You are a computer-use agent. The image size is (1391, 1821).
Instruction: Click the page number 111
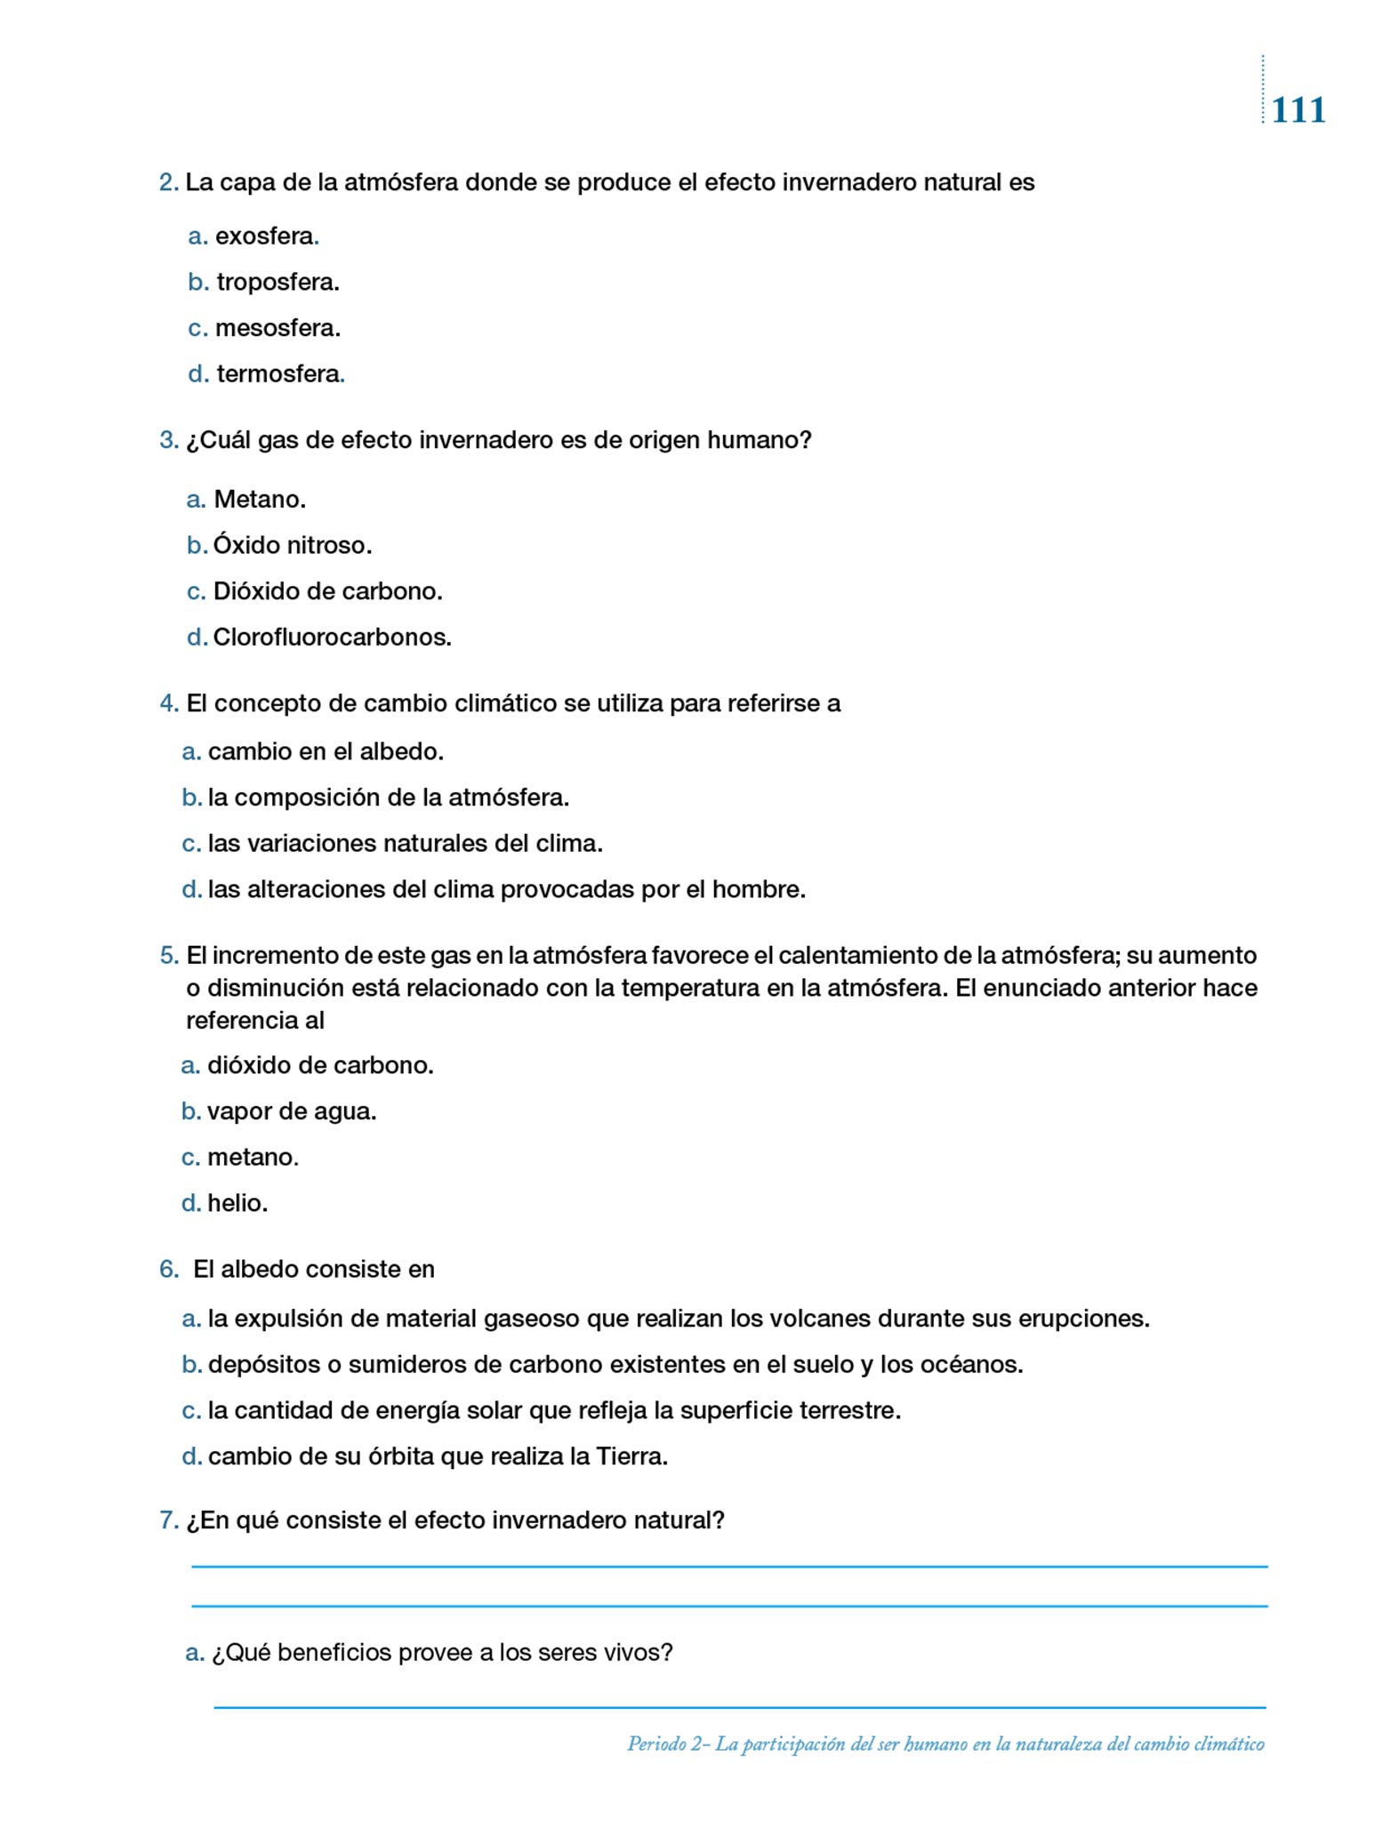(x=1298, y=110)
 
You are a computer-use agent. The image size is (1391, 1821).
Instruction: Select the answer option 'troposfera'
(x=277, y=283)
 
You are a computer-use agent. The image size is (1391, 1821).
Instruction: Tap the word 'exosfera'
(x=265, y=237)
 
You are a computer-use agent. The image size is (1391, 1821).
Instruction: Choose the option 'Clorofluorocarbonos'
(x=331, y=638)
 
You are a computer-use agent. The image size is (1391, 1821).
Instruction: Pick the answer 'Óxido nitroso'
(x=292, y=545)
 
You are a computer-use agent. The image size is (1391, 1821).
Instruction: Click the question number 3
(x=168, y=440)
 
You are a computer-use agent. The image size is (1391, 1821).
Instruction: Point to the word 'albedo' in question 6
(x=257, y=1269)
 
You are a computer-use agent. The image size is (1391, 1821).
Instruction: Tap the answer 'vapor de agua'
(x=291, y=1111)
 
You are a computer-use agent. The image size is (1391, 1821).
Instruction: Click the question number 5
(x=168, y=956)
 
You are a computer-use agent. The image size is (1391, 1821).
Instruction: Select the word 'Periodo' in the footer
(x=656, y=1744)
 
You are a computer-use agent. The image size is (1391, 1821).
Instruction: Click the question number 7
(x=168, y=1520)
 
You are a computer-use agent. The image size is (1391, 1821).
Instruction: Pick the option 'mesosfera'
(x=277, y=328)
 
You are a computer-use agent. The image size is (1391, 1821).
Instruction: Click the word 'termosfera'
(x=278, y=374)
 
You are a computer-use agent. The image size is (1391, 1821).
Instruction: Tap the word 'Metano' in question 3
(x=258, y=500)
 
